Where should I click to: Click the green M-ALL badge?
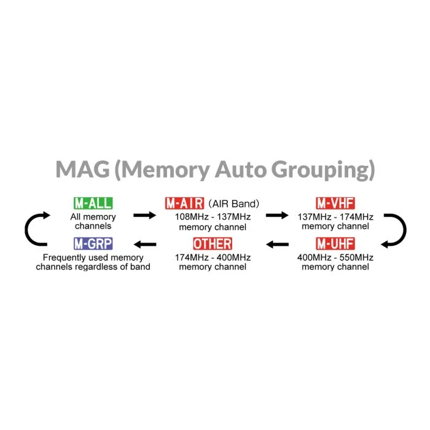pos(93,203)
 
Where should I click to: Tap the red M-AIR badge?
pos(184,203)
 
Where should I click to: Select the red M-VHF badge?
pos(335,203)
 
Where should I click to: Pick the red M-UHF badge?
pos(335,243)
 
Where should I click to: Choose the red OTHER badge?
pos(213,243)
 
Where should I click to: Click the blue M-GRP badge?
pos(93,243)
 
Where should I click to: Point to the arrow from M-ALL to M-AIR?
pos(144,215)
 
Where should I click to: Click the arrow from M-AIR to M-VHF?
pos(277,215)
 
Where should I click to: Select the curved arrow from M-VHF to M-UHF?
pos(405,230)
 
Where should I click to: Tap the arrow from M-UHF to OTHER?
pos(277,244)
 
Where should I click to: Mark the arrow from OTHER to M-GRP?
pos(145,244)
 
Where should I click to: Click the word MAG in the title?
pos(82,170)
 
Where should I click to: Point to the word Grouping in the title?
pos(322,170)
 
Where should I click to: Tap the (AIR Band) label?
pos(233,204)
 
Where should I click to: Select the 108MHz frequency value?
pos(192,217)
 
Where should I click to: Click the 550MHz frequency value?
pos(356,257)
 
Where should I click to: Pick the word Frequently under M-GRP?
pos(64,258)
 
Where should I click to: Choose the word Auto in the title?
pos(241,170)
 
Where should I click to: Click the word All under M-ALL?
pos(75,217)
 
